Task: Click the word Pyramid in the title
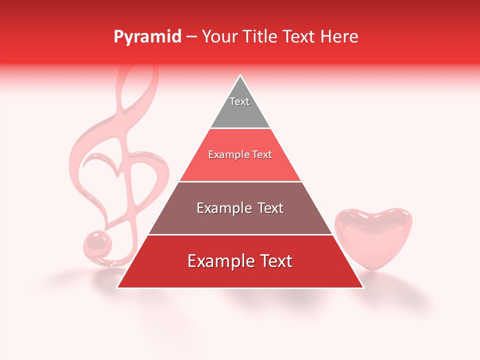click(x=147, y=37)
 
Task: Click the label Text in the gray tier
click(x=239, y=101)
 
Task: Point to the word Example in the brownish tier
click(x=221, y=208)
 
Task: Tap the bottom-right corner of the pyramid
click(x=362, y=287)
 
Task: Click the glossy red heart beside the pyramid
click(x=373, y=238)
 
